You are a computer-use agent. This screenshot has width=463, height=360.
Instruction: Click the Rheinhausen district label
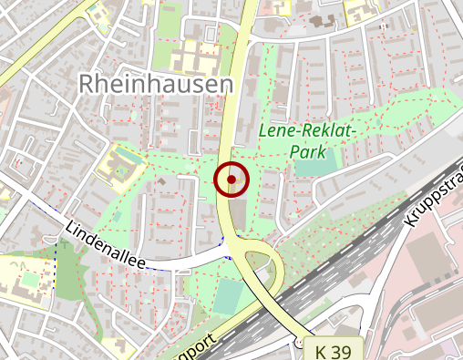click(x=155, y=84)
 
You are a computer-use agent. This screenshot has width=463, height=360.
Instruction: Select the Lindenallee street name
click(x=106, y=243)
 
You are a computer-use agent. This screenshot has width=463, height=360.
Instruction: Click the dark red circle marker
click(x=232, y=179)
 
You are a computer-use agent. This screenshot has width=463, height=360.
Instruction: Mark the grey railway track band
click(x=346, y=264)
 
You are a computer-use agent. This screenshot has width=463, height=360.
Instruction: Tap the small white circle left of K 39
click(x=298, y=342)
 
